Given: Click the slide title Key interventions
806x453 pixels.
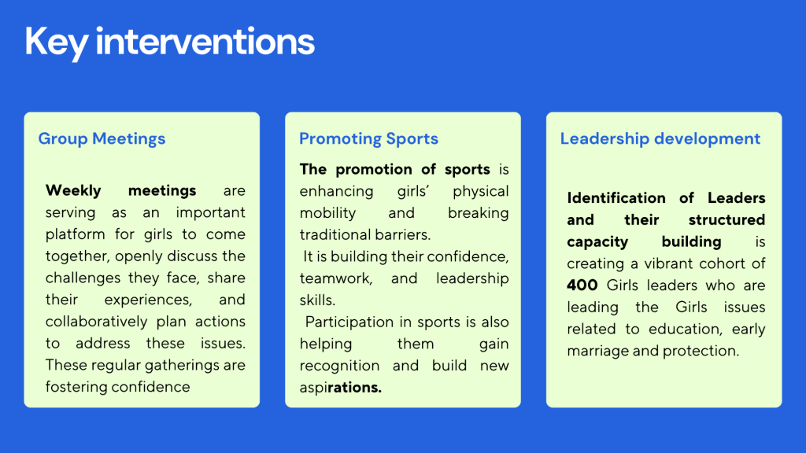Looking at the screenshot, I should (169, 41).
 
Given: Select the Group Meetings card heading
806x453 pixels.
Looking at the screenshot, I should (102, 139).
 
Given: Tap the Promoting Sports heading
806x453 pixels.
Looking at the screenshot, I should (368, 139).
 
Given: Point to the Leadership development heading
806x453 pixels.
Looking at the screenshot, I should (660, 139).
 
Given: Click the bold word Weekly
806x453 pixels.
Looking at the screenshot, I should (74, 190).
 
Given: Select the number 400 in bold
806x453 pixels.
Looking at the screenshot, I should (582, 285).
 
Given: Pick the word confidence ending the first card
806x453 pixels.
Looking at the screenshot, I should (152, 387).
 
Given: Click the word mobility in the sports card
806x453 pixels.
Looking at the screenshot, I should (327, 213).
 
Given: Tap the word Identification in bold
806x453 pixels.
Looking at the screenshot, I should (616, 197).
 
